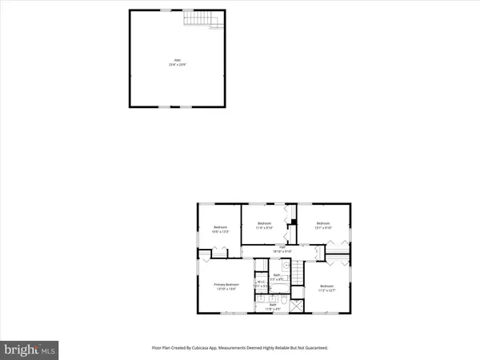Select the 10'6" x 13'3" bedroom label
pyautogui.click(x=220, y=230)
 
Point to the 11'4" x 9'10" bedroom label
pyautogui.click(x=265, y=224)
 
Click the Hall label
pyautogui.click(x=282, y=249)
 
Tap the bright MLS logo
pyautogui.click(x=30, y=349)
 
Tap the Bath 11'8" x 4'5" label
pyautogui.click(x=273, y=306)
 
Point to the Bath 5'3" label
pyautogui.click(x=278, y=277)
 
